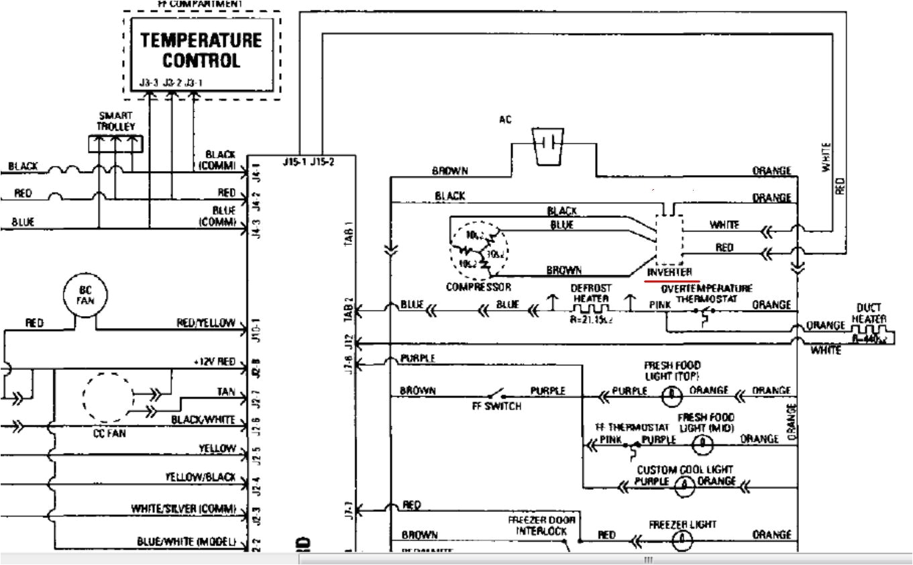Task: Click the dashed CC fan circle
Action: pyautogui.click(x=108, y=398)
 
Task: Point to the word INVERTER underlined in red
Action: pyautogui.click(x=669, y=272)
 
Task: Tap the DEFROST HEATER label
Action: pyautogui.click(x=590, y=293)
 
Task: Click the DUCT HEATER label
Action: pyautogui.click(x=870, y=313)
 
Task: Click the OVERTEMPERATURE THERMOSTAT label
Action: pyautogui.click(x=706, y=293)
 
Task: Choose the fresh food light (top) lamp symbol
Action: pyautogui.click(x=669, y=395)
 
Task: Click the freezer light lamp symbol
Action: pyautogui.click(x=682, y=537)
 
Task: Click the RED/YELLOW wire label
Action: pyautogui.click(x=206, y=323)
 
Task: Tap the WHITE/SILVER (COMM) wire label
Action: pyautogui.click(x=183, y=509)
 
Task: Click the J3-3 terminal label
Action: pyautogui.click(x=150, y=83)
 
